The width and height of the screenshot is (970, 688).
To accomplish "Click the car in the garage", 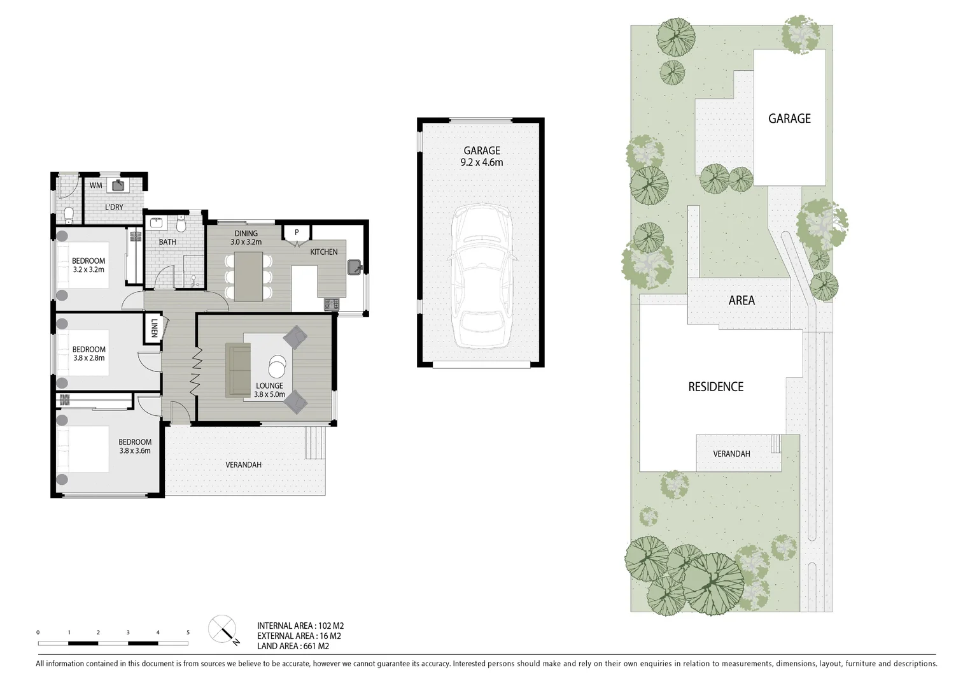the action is point(482,276).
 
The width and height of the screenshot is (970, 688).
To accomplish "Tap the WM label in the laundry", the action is point(95,185).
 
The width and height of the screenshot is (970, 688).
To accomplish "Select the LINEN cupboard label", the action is point(154,328).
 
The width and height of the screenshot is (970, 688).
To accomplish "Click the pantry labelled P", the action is point(297,233).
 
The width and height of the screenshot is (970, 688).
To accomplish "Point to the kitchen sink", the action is point(355,267).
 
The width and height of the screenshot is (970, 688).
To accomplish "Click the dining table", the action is point(249,276).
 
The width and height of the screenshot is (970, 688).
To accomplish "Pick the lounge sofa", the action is point(238,369).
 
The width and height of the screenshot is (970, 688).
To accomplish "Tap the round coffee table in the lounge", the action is point(277,367).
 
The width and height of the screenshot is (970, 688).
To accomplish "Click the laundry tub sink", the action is point(118,185).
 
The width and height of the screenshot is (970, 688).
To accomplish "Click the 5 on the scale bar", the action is point(188,633).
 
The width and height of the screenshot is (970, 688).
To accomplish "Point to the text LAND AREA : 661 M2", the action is point(293,646).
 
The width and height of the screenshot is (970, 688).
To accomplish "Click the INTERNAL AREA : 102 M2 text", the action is point(300,626).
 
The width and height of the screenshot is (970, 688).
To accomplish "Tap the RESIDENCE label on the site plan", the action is point(716,387).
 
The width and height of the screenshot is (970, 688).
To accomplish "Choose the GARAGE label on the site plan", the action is point(789,118).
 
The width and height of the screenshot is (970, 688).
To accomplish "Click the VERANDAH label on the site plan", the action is point(731,454).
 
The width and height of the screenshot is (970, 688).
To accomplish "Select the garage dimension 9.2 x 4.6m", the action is point(482,162).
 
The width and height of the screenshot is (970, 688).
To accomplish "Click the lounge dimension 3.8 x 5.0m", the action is point(269,394).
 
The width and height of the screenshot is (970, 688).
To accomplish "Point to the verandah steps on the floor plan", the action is point(315,442).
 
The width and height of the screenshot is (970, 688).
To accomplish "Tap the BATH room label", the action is point(167,242).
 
